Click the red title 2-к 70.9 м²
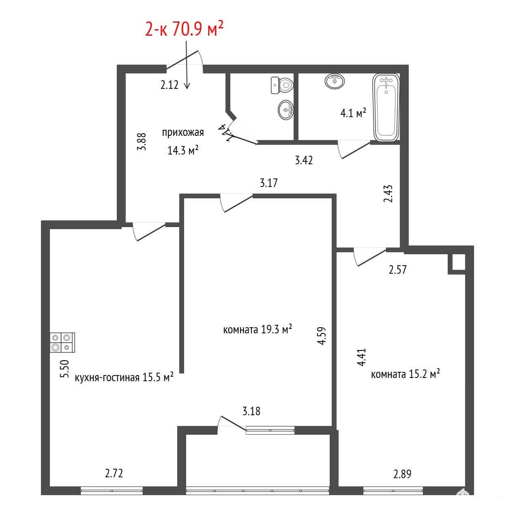coord(184,29)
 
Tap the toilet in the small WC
coord(282,86)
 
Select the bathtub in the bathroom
coord(386,108)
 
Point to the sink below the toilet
coord(286,110)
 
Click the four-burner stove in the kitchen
coord(62,343)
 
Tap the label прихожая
coord(183,133)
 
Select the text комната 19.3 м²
coord(257,330)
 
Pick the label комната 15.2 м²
coord(406,374)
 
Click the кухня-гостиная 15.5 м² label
coord(124,378)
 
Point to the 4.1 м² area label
coord(353,113)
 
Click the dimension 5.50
coord(65,369)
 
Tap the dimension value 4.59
coord(322,336)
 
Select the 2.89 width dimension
coord(402,474)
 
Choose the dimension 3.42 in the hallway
coord(304,160)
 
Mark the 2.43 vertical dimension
coord(388,193)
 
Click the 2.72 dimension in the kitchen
coord(114,473)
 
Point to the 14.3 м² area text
coord(183,150)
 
